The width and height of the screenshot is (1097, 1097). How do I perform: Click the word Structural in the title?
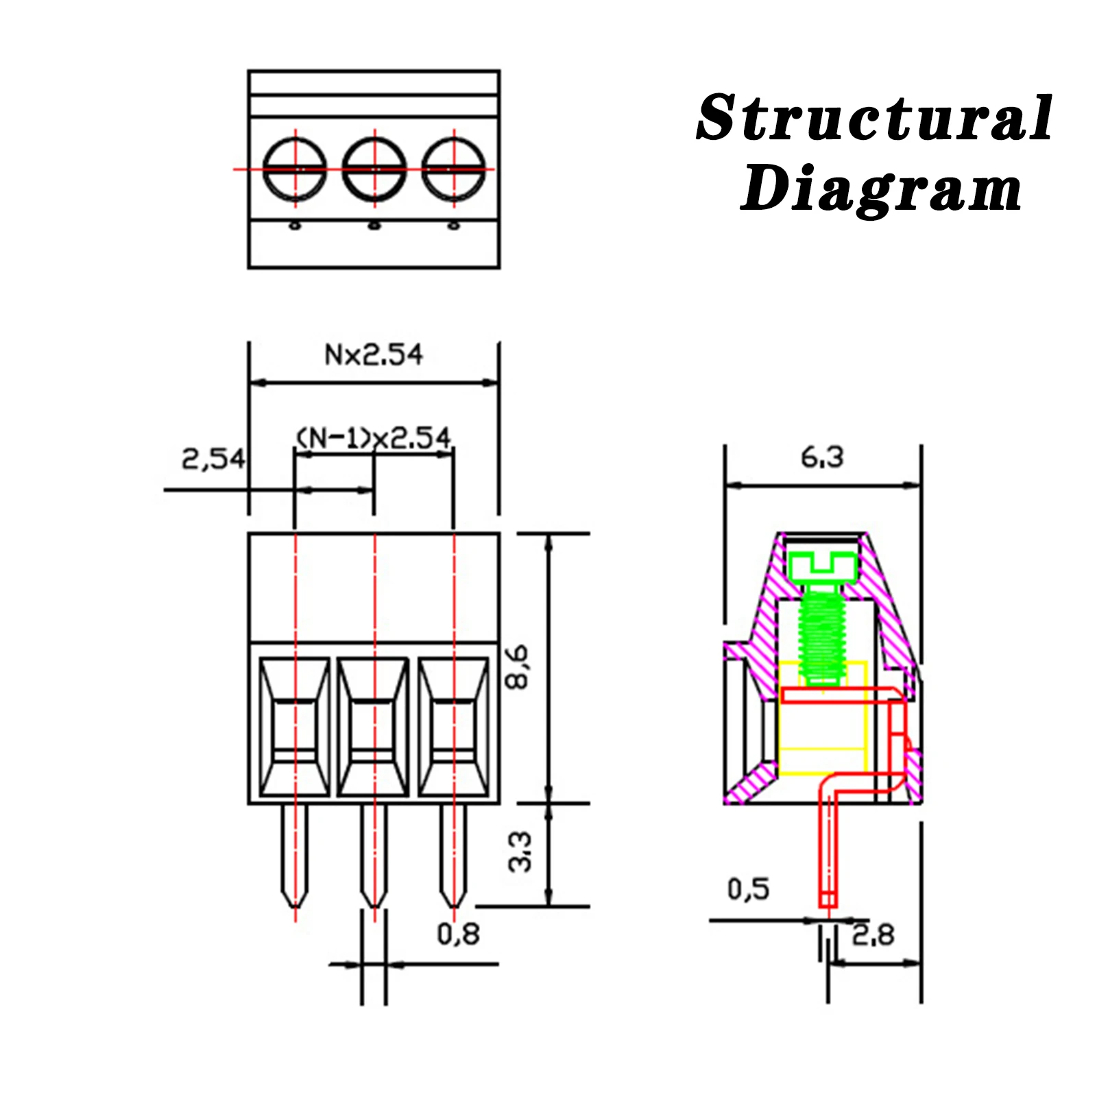[x=874, y=119]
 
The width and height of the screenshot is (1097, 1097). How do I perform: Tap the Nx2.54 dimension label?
[x=374, y=355]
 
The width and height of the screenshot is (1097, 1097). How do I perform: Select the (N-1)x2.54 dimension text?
[x=374, y=437]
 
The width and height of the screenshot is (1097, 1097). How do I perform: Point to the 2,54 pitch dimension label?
[x=213, y=459]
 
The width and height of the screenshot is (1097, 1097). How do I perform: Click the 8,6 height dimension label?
[x=518, y=666]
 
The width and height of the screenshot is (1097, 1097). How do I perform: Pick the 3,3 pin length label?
[x=520, y=852]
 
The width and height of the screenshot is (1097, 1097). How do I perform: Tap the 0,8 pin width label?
[x=458, y=934]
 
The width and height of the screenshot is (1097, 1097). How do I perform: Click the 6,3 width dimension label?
[x=822, y=457]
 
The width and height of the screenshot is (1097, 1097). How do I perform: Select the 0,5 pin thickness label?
[x=748, y=889]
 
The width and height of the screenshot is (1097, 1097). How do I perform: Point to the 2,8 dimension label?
[x=873, y=935]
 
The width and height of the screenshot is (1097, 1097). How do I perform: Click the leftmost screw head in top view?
[x=295, y=169]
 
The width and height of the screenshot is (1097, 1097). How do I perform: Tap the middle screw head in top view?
[x=374, y=169]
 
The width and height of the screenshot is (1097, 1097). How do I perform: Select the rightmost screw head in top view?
[x=453, y=169]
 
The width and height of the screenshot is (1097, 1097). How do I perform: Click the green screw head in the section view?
[x=822, y=566]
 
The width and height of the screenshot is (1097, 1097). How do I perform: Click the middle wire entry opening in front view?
[x=374, y=727]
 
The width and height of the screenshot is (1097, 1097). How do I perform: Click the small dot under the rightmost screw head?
[x=453, y=225]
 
